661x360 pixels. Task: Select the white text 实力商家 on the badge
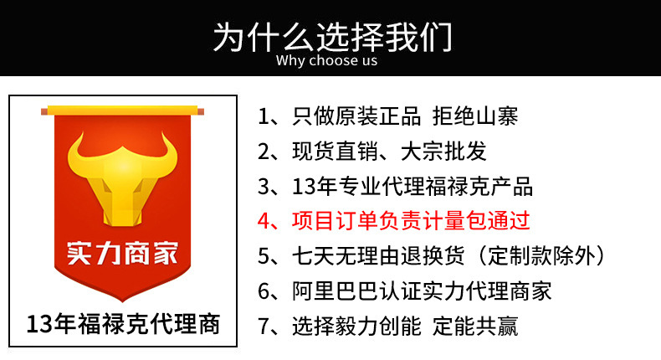[x=122, y=252]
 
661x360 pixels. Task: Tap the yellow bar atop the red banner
[x=122, y=110]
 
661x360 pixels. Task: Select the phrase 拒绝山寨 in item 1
[x=480, y=116]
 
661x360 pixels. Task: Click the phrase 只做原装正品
[x=356, y=116]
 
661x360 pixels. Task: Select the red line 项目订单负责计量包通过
[x=410, y=221]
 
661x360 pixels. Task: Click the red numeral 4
[x=265, y=222]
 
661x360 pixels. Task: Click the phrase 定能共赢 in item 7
[x=474, y=326]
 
